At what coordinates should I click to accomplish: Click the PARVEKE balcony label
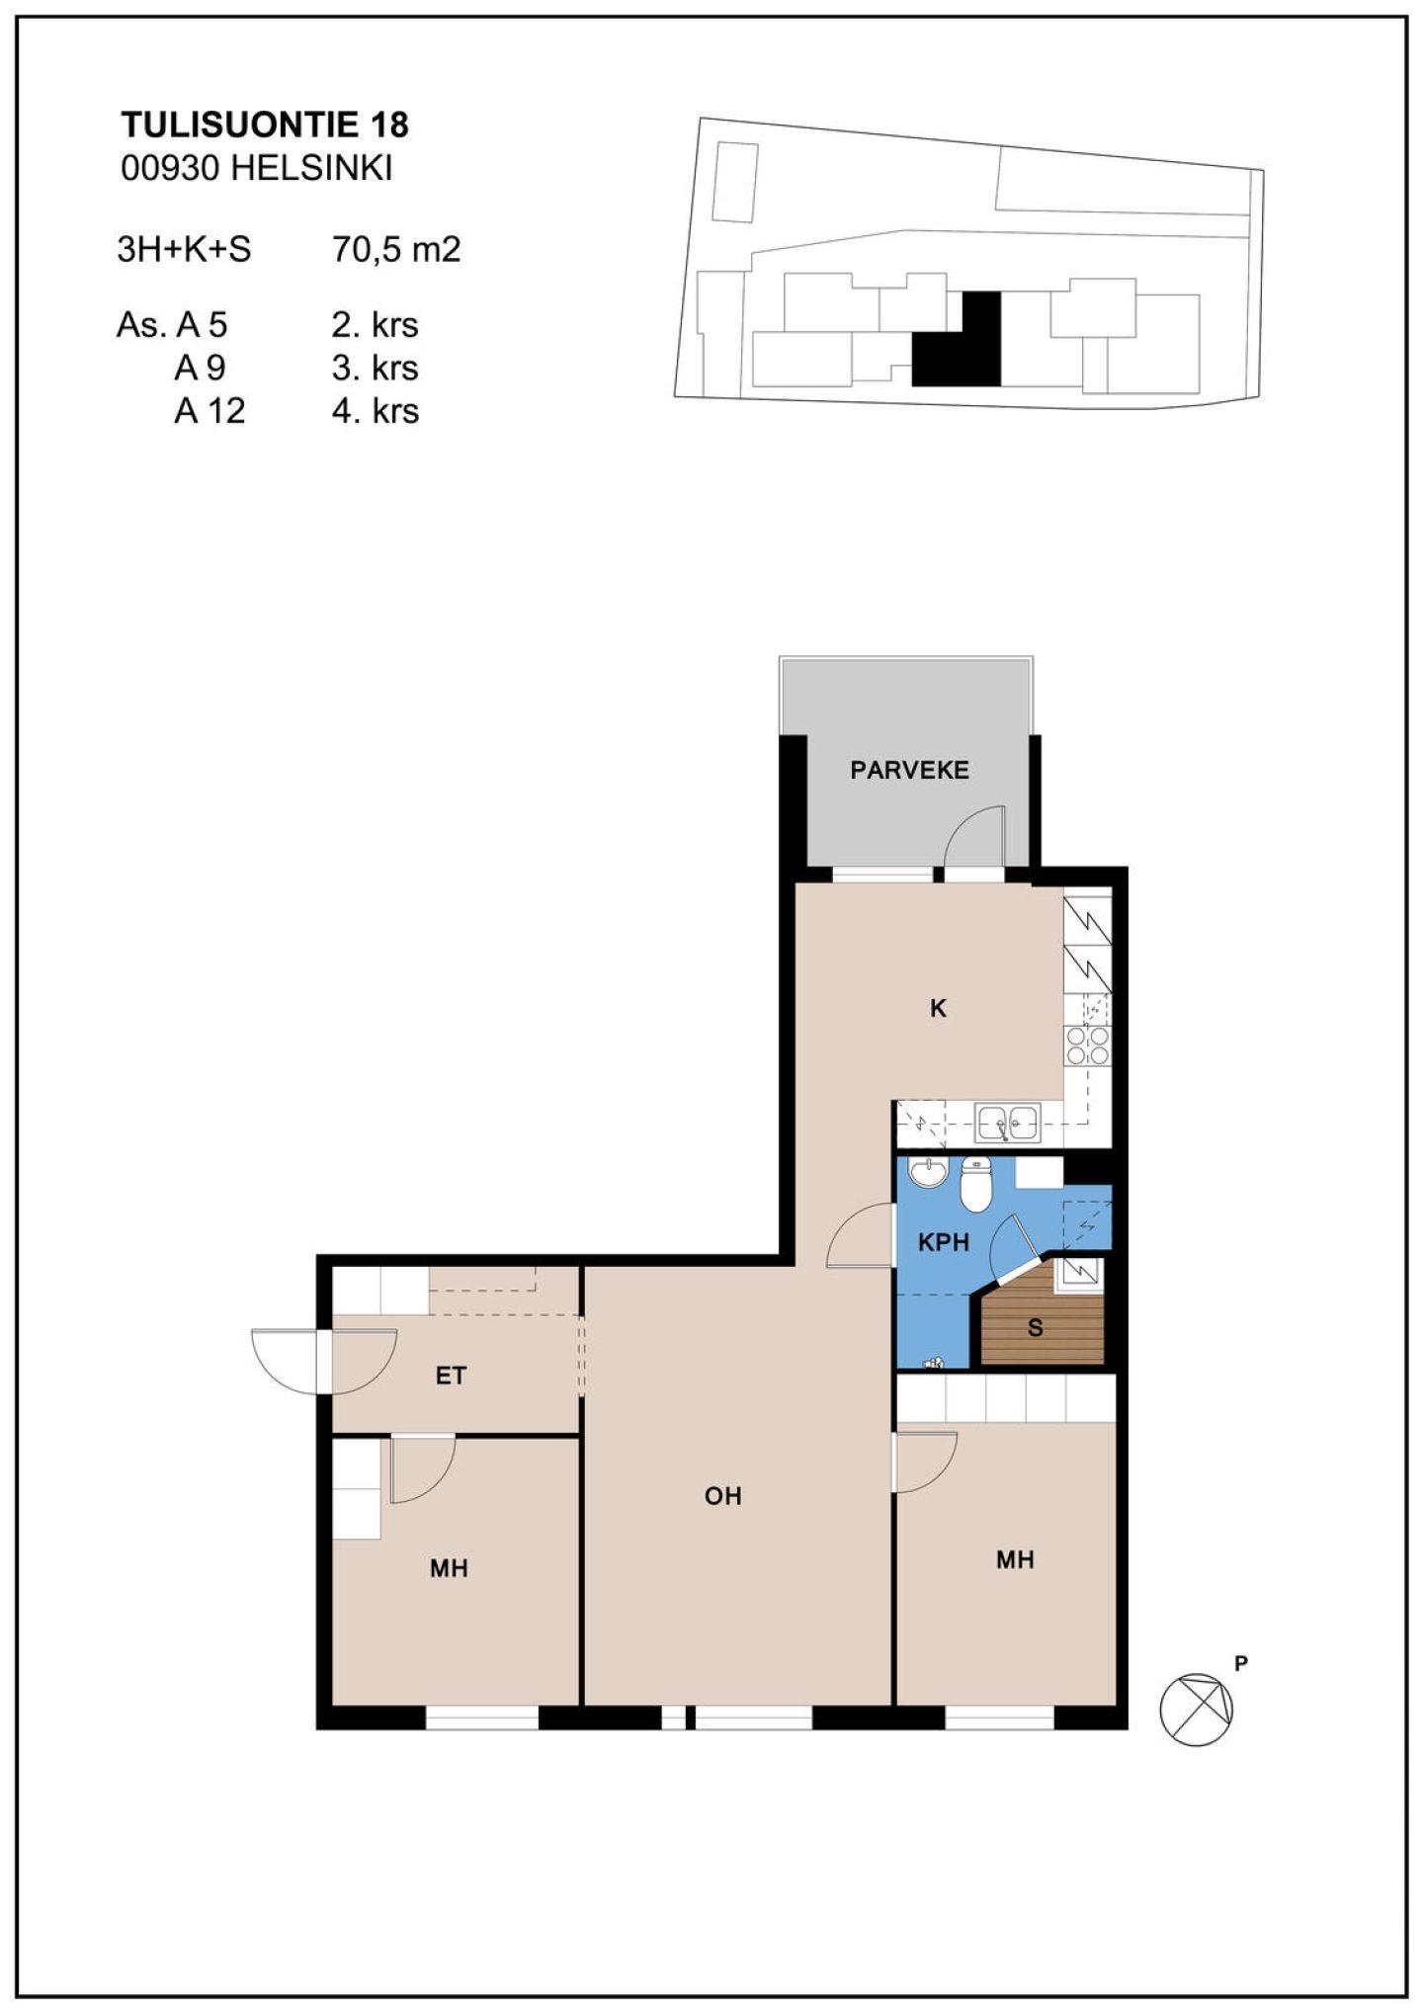[x=909, y=770]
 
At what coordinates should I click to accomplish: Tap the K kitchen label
[x=938, y=1008]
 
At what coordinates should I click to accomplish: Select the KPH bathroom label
[x=943, y=1242]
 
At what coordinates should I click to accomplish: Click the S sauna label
[x=1035, y=1327]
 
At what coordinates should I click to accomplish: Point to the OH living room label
[x=722, y=1496]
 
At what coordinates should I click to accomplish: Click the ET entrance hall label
[x=451, y=1376]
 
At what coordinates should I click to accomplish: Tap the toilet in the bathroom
[x=975, y=1184]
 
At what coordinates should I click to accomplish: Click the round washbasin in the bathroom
[x=928, y=1172]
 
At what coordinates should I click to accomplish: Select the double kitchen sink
[x=1008, y=1123]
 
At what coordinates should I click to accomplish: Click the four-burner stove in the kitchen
[x=1087, y=1047]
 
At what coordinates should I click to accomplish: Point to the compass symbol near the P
[x=1197, y=1710]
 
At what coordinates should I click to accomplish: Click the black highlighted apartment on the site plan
[x=957, y=339]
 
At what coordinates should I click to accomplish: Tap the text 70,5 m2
[x=396, y=249]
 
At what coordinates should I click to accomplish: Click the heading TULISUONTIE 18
[x=265, y=125]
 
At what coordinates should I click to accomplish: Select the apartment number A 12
[x=209, y=410]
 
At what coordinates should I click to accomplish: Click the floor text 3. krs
[x=376, y=368]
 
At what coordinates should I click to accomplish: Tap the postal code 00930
[x=169, y=168]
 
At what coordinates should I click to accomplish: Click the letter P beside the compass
[x=1241, y=1664]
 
